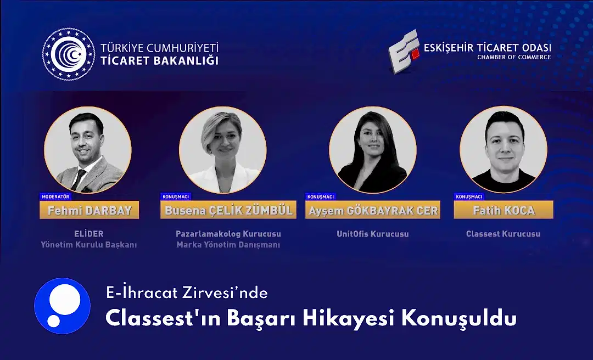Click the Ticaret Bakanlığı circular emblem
point(68,54)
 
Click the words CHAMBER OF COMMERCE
point(513,57)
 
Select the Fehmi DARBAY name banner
point(89,210)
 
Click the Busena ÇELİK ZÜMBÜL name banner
point(228,210)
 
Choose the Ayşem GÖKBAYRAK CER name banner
point(373,210)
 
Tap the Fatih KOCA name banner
point(503,210)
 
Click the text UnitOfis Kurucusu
point(373,234)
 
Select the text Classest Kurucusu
point(503,234)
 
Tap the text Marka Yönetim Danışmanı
point(228,245)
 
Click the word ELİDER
point(88,234)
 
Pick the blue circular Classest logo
point(62,305)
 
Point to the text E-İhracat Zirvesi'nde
point(187,293)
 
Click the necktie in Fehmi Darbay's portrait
point(81,179)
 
